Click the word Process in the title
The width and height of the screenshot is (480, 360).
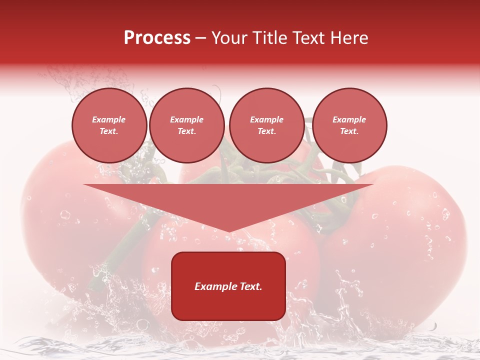pos(157,38)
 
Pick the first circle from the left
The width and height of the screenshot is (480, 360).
pos(109,125)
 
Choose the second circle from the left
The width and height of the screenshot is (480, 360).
pos(186,125)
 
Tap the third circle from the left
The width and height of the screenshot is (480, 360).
pos(266,125)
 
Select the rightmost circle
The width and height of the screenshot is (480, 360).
pos(349,125)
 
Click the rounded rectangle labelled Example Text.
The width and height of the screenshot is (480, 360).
pos(228,286)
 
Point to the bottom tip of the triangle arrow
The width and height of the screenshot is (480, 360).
pos(228,232)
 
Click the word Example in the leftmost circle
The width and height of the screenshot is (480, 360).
pos(109,119)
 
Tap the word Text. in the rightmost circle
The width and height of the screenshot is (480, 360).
pos(349,131)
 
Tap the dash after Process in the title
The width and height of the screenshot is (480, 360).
pos(201,38)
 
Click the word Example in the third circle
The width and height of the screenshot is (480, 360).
pos(266,119)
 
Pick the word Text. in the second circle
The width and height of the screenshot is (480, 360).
pos(186,131)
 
